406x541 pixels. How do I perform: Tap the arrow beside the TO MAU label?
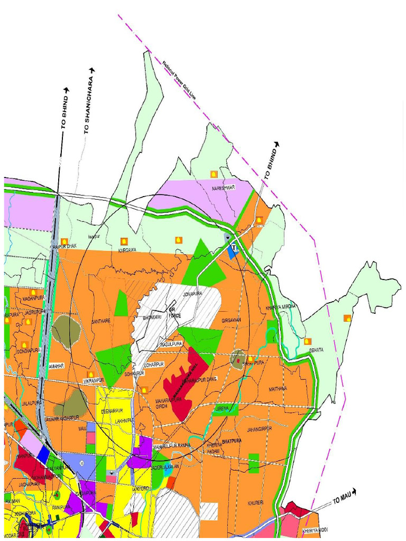coord(354,492)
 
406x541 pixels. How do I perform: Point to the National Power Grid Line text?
coord(179,80)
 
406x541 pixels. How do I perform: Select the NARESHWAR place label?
coord(223,188)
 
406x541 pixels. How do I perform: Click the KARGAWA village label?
coord(127,250)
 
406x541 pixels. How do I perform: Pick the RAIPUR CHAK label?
coord(65,246)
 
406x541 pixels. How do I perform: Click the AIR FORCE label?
coord(174,312)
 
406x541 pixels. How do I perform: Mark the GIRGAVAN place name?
coord(232,321)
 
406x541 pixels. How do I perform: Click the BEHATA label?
coord(317,350)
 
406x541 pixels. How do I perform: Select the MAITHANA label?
coord(278,388)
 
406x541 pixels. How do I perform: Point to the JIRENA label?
coord(223,409)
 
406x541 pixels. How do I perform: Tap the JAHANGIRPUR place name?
coord(259,428)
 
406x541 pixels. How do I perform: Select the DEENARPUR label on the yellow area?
coord(112,411)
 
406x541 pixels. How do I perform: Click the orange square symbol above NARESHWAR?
coord(214,173)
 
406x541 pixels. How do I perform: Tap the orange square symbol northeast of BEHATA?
coord(347,318)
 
